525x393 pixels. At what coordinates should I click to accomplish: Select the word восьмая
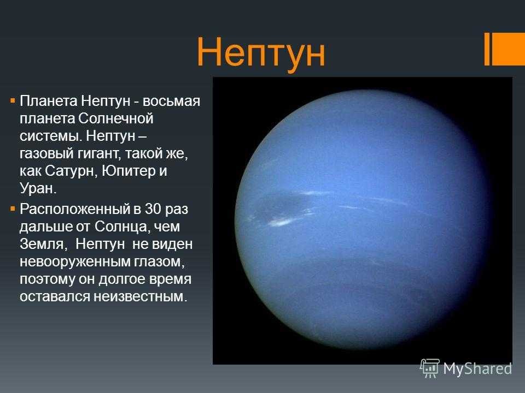(171, 101)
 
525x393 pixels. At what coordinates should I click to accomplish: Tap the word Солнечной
(116, 118)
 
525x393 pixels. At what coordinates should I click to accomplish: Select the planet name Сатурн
(71, 171)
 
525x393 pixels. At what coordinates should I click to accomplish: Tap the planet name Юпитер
(128, 171)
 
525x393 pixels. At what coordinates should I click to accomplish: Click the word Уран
(38, 188)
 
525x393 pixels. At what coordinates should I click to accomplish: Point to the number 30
(153, 209)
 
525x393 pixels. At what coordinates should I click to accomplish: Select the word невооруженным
(75, 261)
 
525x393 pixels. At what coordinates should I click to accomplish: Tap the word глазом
(159, 261)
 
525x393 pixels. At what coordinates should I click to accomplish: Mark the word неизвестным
(140, 296)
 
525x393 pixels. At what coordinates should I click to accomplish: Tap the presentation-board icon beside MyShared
(430, 368)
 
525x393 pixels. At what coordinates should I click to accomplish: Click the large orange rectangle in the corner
(509, 49)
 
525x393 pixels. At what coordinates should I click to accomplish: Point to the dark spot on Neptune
(281, 206)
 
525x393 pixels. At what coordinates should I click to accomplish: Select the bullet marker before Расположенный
(13, 209)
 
